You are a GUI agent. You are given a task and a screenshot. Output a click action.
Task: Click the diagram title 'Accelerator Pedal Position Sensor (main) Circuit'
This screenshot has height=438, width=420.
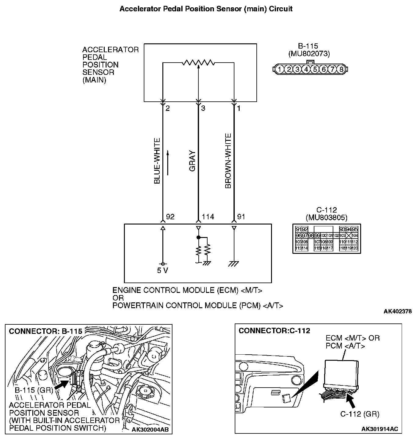point(206,9)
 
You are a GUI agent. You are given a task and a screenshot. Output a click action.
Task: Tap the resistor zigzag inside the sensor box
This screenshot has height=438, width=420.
point(198,63)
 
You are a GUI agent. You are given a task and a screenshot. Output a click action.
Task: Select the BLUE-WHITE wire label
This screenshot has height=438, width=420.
point(157,161)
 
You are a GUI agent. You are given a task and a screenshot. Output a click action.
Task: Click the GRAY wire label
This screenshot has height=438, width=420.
point(192,161)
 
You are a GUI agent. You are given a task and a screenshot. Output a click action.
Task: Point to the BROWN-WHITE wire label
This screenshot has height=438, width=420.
point(228,161)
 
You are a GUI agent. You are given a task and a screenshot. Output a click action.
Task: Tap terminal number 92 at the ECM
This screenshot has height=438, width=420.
point(170,217)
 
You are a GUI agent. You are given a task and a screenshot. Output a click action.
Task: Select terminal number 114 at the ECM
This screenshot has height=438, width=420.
point(208,217)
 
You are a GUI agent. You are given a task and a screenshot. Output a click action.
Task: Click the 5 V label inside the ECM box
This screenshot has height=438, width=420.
point(162,270)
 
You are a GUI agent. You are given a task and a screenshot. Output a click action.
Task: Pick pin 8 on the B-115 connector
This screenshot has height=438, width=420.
point(341,69)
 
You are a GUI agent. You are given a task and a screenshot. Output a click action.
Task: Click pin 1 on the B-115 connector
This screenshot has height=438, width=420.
point(279,69)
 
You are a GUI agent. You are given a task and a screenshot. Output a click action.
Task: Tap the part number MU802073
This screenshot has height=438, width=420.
point(309,54)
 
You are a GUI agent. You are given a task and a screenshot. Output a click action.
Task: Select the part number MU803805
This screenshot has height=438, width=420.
point(326,217)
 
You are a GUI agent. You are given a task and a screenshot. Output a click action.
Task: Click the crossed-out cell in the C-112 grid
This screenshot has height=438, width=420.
point(348,235)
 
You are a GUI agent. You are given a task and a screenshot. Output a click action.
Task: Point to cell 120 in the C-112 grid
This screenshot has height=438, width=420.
point(355,248)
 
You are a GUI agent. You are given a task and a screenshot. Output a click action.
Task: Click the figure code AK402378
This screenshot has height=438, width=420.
point(397,312)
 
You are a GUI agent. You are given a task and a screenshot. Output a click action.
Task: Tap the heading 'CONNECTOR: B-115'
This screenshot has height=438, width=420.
point(45,331)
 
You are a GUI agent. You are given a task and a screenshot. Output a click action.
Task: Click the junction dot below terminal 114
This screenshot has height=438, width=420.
point(198,237)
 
